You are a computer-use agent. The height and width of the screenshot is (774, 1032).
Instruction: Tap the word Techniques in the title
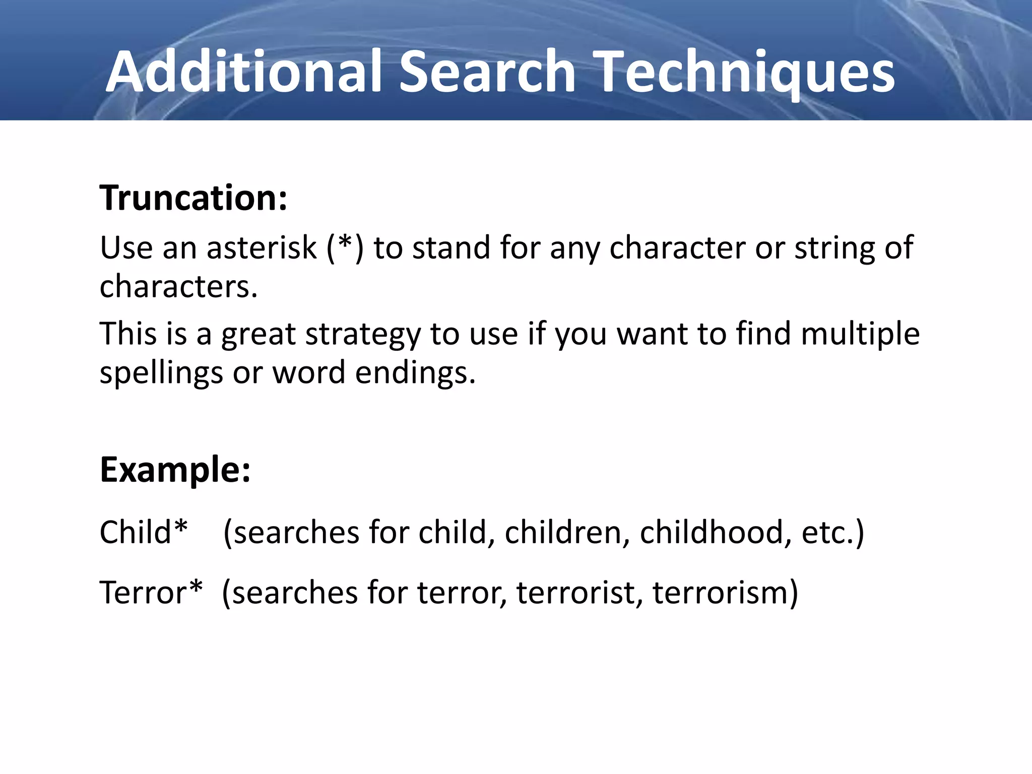click(745, 72)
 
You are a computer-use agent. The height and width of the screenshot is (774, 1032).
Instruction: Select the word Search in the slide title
click(487, 72)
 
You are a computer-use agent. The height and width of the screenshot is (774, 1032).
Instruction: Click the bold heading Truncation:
click(193, 198)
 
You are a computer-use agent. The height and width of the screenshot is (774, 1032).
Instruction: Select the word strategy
click(362, 335)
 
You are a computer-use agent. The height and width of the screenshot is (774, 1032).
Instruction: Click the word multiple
click(860, 334)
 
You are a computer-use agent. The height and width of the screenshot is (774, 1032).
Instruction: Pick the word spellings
click(161, 373)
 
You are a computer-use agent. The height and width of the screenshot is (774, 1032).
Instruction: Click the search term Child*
click(144, 532)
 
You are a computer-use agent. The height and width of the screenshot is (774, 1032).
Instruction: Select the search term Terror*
click(151, 592)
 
